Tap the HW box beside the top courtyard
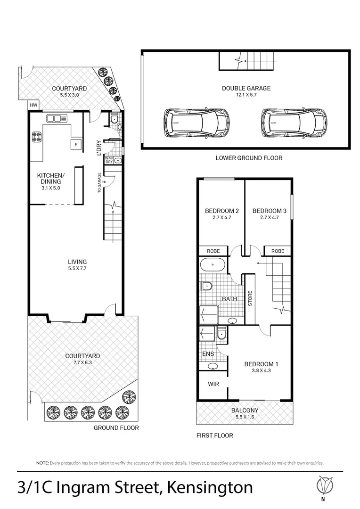click(x=33, y=105)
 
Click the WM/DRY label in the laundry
click(x=109, y=160)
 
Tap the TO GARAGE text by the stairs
click(x=99, y=182)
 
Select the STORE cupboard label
click(x=250, y=299)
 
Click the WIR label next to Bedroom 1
click(x=213, y=384)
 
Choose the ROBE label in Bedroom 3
click(x=278, y=251)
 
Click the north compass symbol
click(x=323, y=484)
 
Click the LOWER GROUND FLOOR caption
click(x=249, y=158)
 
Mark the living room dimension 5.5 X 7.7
click(x=77, y=269)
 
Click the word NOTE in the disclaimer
click(x=42, y=463)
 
